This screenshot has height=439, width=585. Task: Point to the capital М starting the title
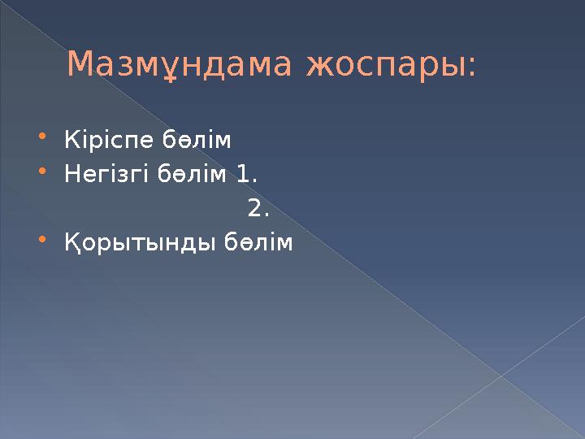[x=79, y=65]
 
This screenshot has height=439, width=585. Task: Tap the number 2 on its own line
[x=255, y=210]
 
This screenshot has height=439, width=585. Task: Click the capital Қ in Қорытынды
[x=73, y=244]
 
